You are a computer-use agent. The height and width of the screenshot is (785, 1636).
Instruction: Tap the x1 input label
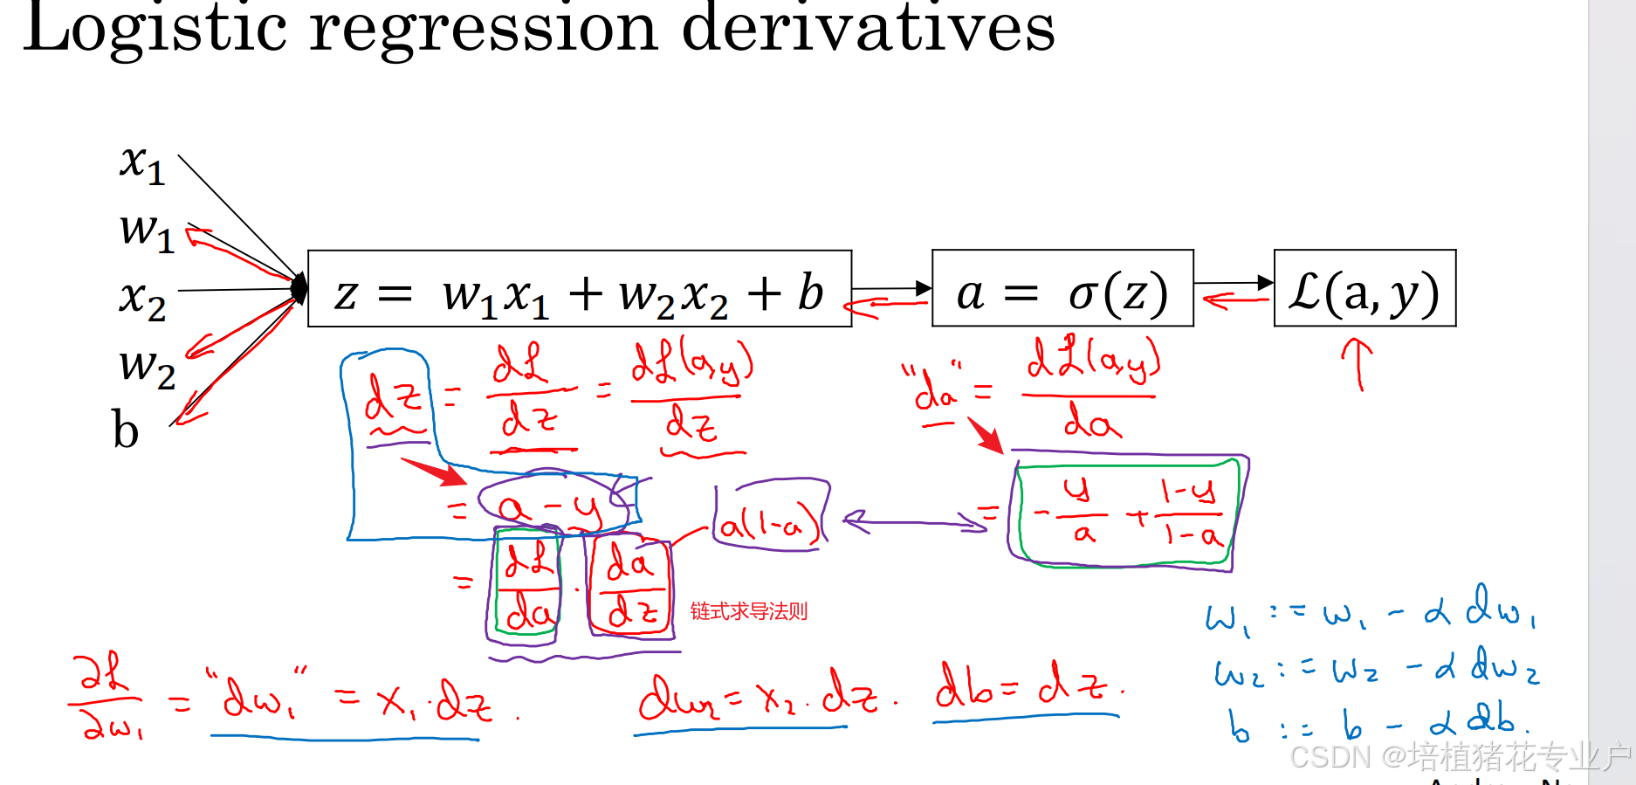[142, 163]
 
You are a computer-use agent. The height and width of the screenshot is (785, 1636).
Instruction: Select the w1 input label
[147, 231]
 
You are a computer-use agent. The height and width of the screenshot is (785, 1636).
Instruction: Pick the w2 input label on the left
[147, 367]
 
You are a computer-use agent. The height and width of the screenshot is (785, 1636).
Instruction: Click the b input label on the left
[126, 430]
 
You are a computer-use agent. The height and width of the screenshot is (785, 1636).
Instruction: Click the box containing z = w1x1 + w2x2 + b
[580, 290]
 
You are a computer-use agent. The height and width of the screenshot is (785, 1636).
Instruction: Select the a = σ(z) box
[1062, 290]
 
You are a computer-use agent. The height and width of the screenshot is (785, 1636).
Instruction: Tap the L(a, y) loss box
[1364, 290]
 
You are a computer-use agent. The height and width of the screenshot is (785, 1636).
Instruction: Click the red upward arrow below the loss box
[1358, 362]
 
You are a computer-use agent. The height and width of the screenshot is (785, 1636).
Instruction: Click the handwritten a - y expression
[550, 507]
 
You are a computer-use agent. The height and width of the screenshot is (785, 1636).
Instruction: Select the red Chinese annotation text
[749, 611]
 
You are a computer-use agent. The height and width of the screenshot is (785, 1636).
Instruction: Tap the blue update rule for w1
[1371, 611]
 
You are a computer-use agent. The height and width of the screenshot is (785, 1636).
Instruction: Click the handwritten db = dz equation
[1027, 688]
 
